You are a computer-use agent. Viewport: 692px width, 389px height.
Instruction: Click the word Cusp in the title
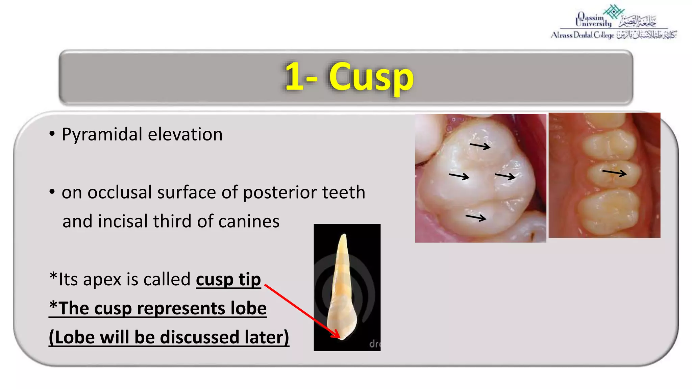point(371,77)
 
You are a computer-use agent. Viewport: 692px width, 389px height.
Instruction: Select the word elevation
point(185,134)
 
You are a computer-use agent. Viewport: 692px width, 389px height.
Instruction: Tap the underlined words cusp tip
point(228,280)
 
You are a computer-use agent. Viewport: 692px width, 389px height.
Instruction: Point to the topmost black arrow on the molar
point(480,146)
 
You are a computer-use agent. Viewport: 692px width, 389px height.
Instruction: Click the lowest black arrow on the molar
point(476,217)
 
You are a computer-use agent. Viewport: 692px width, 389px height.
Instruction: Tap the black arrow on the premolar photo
point(614,173)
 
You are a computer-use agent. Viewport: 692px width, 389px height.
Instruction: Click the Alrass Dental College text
point(582,35)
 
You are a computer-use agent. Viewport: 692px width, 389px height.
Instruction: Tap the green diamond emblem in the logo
point(614,11)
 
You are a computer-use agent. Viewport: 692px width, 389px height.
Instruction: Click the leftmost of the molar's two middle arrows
point(459,176)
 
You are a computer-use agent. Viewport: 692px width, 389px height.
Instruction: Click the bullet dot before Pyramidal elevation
point(52,134)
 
